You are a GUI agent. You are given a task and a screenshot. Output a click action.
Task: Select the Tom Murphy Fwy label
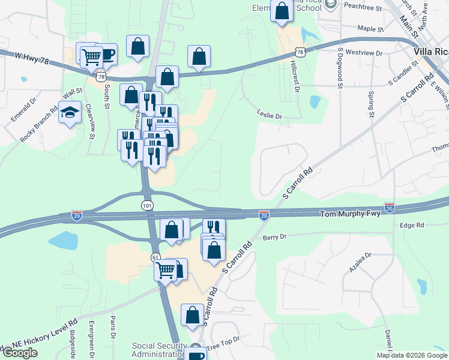point(350,214)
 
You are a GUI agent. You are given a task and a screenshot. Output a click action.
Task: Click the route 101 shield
point(148,206)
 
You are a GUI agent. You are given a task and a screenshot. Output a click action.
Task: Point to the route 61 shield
point(155,257)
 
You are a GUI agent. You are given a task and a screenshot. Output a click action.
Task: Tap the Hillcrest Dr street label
point(295,75)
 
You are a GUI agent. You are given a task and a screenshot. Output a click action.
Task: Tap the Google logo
point(20,353)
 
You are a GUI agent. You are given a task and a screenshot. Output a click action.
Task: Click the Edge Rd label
point(412,225)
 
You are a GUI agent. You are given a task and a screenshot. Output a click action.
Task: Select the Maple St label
point(370,28)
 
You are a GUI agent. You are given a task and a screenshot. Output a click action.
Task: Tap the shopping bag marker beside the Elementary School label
point(282,11)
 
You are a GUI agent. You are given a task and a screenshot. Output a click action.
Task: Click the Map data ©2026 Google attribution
point(412,355)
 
